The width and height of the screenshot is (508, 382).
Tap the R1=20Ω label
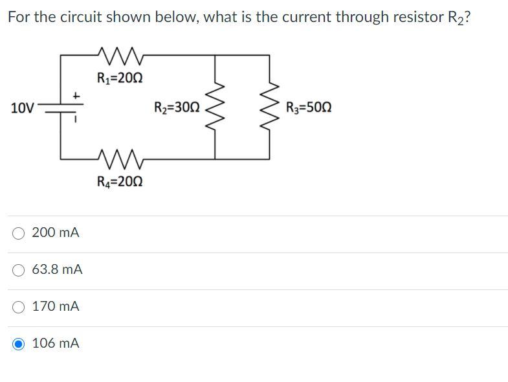pyautogui.click(x=120, y=79)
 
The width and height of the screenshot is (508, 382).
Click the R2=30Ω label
pyautogui.click(x=177, y=107)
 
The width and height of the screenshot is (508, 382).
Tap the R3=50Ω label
pyautogui.click(x=309, y=107)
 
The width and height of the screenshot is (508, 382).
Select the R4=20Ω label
pyautogui.click(x=120, y=182)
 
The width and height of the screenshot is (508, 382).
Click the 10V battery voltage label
pyautogui.click(x=23, y=107)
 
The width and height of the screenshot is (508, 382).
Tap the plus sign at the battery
pyautogui.click(x=76, y=96)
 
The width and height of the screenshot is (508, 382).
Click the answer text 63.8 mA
pyautogui.click(x=57, y=269)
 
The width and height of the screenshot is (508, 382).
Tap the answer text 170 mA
pyautogui.click(x=56, y=306)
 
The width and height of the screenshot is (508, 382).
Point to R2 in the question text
pyautogui.click(x=456, y=18)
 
